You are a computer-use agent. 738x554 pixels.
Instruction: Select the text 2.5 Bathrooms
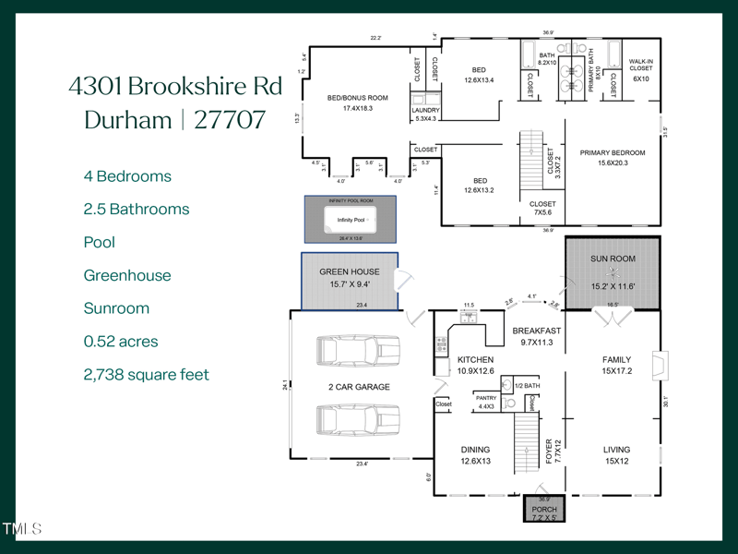pos(137,210)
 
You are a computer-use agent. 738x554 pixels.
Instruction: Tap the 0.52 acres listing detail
pos(121,342)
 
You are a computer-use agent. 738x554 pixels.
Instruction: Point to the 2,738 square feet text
pos(147,375)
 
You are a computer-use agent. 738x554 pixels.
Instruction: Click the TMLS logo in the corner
pos(22,529)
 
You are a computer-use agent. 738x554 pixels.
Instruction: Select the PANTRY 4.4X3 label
pos(486,403)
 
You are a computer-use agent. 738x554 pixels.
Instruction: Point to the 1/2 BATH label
pos(526,386)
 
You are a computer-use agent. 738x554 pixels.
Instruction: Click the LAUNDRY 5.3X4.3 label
pos(426,114)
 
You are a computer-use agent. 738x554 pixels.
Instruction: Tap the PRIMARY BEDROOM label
pos(612,158)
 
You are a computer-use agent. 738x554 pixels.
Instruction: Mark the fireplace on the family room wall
pos(655,365)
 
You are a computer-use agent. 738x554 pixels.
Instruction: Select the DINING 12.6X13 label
pos(476,455)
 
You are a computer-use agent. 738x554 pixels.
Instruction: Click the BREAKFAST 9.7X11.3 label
pos(535,336)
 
